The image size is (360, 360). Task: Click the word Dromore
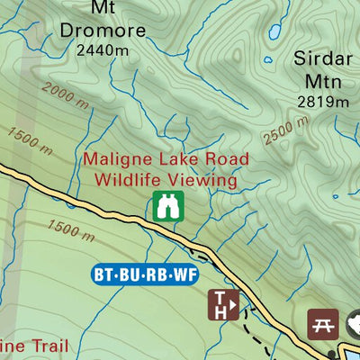pyautogui.click(x=115, y=30)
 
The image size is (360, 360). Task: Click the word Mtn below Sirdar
pyautogui.click(x=320, y=82)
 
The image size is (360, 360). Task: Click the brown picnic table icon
pyautogui.click(x=321, y=324)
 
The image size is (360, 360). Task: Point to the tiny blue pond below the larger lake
pyautogui.click(x=267, y=62)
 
